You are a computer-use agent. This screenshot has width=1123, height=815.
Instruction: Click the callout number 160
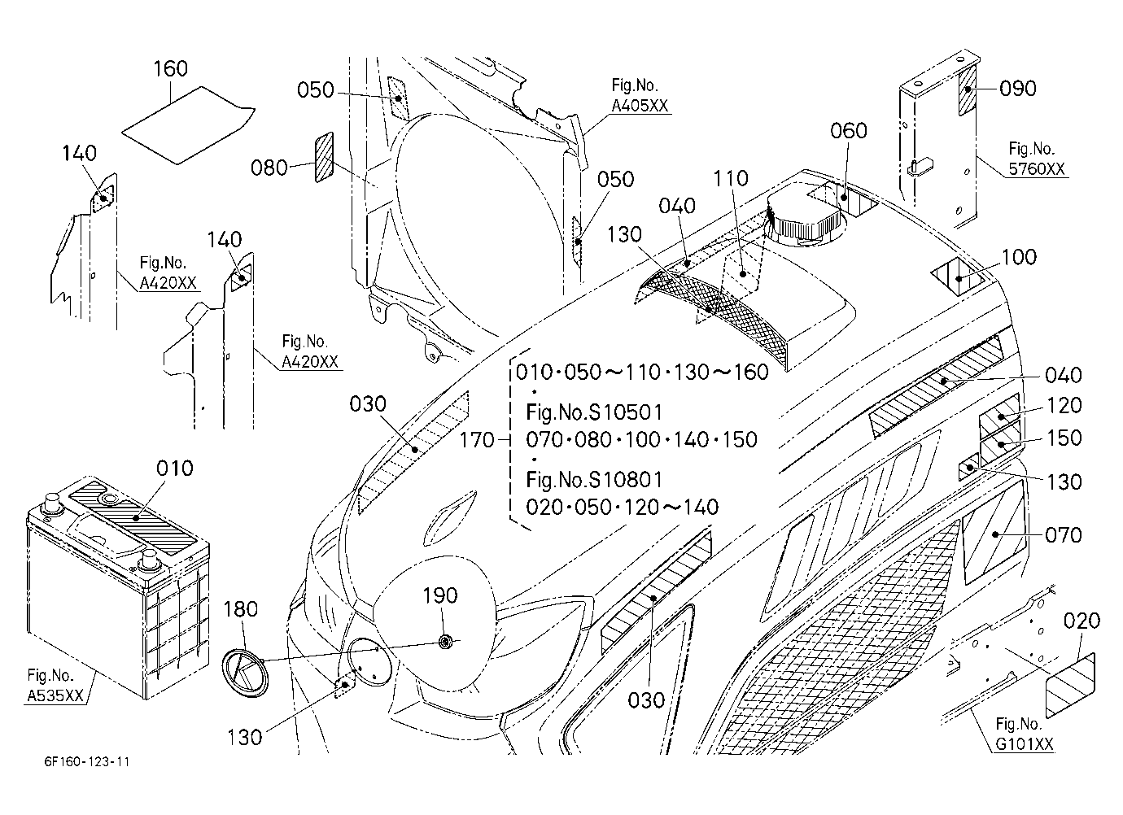click(170, 68)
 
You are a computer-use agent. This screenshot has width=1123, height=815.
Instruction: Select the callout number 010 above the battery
click(174, 469)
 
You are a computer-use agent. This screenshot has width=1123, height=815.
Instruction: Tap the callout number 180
click(241, 609)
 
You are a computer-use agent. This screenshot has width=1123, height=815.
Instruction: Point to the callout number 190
click(440, 595)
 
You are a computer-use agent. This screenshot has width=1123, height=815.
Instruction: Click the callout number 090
click(1018, 89)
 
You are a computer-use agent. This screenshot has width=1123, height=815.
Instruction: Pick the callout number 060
click(848, 131)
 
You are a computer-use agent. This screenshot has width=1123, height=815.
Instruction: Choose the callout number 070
click(1064, 535)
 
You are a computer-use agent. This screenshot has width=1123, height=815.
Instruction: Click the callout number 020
click(1081, 621)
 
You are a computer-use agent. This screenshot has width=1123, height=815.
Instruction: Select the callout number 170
click(477, 441)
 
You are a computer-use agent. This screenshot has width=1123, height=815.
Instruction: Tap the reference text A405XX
click(640, 106)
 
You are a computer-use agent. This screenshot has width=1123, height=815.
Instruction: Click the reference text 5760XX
click(1036, 169)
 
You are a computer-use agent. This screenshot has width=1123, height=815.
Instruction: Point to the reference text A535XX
click(55, 695)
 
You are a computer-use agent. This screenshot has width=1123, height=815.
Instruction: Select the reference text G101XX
click(1025, 743)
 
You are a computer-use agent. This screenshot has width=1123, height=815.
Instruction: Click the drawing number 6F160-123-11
click(87, 762)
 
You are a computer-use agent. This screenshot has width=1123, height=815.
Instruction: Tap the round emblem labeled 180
click(245, 672)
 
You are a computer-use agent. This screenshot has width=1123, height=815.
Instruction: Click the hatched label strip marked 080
click(325, 157)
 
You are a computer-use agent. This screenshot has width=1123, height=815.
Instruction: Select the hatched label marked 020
click(1070, 685)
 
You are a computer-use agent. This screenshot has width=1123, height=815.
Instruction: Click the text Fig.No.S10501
click(594, 412)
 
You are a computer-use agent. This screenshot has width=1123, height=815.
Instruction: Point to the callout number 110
click(731, 178)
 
